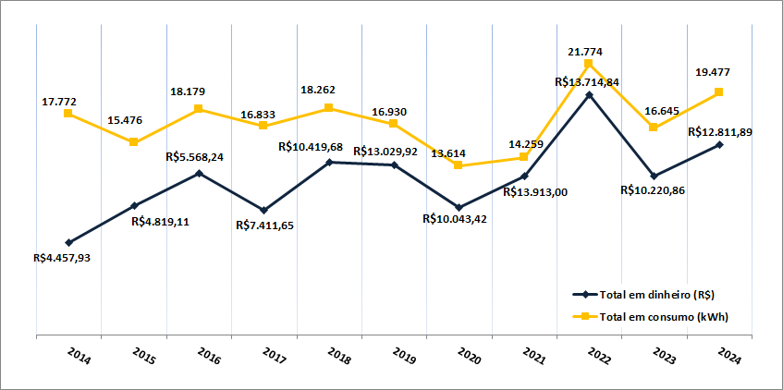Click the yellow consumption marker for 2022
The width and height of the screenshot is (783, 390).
coord(589,63)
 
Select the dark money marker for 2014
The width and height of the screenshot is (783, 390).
coord(69,242)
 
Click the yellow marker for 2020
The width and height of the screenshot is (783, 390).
coord(459,165)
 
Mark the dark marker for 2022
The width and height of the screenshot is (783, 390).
coord(589,94)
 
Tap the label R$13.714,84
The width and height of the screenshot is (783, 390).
coord(587,82)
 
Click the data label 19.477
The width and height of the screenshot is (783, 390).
coord(719,71)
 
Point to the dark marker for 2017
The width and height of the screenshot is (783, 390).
coord(264,210)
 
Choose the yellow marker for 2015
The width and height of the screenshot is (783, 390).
coord(134,141)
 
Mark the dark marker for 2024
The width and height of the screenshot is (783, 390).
coord(719,144)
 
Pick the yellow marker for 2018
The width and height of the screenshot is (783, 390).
coord(329,108)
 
